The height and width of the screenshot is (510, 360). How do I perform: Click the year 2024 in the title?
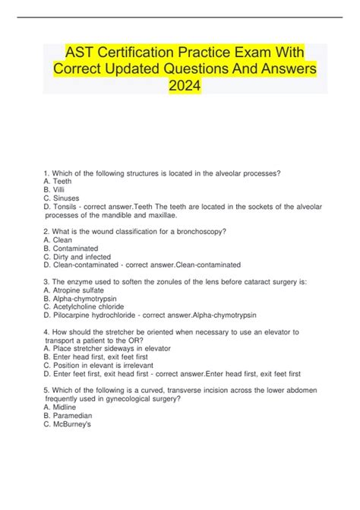[185, 90]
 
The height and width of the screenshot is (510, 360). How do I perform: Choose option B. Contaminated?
[74, 248]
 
